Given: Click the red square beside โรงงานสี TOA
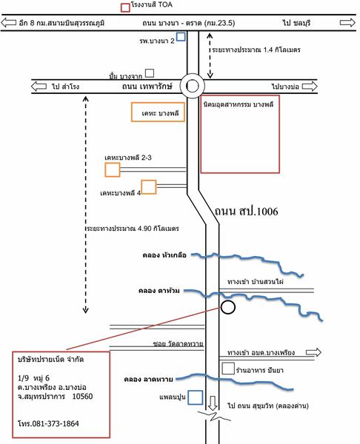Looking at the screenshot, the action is pos(125,7).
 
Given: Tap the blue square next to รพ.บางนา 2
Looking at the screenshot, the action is pos(181,36).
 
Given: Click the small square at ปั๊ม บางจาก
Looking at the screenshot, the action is pos(150,73).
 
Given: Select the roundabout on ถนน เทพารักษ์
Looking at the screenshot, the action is pos(193,86).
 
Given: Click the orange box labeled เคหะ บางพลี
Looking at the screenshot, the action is pos(158,112).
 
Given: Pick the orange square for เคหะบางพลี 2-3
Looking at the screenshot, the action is pos(113,170).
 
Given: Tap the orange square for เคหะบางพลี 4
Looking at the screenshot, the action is pos(149,187).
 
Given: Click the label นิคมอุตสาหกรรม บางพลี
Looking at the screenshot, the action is pos(239,104).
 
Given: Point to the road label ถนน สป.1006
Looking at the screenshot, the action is pos(246,211).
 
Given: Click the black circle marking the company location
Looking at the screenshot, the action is pos(228,307).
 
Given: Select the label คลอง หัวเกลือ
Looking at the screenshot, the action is pos(164,255).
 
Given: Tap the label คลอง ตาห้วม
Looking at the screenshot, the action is pos(159,291).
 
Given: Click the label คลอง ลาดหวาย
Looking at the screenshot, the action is pos(149,379).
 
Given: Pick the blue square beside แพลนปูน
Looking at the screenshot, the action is pos(196,397).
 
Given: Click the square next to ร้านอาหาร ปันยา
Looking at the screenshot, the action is pos(228,369).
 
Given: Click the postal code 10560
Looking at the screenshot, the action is pos(82,396).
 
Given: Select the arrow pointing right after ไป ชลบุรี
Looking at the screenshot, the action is pos(347,22).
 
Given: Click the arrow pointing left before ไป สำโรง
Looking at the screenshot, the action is pos(39,86).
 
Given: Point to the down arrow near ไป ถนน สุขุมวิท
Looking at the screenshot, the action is pos(213,403).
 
